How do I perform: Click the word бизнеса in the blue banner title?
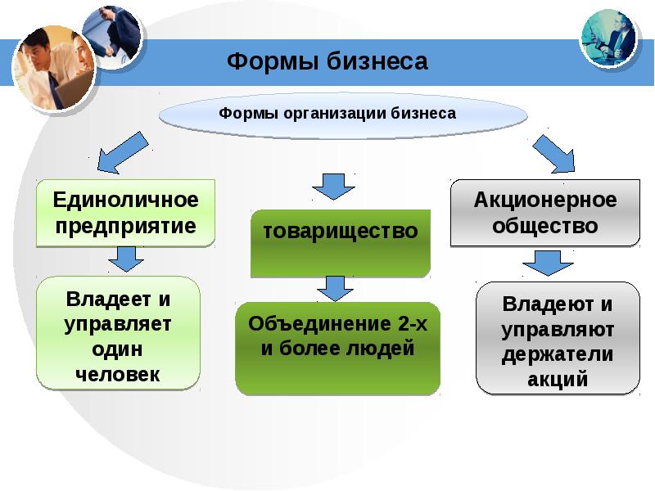(x=377, y=61)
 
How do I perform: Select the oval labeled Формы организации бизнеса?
(x=343, y=115)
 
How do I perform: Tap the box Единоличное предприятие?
(x=126, y=213)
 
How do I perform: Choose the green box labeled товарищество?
(x=341, y=243)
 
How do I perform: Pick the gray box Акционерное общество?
(x=545, y=213)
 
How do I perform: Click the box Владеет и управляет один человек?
(x=118, y=333)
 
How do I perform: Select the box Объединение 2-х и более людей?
(x=337, y=349)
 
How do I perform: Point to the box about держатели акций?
(x=558, y=338)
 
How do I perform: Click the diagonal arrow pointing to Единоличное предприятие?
(x=122, y=153)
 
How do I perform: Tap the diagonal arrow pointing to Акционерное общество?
(x=554, y=154)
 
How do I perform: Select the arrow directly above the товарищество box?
(x=334, y=187)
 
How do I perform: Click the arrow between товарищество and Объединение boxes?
(x=335, y=289)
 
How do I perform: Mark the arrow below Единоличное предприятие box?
(x=126, y=259)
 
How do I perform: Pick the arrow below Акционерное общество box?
(x=548, y=263)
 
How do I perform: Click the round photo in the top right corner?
(x=608, y=38)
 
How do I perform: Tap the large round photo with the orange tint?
(x=54, y=68)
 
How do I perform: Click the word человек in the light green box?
(x=118, y=374)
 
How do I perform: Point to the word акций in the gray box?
(x=558, y=379)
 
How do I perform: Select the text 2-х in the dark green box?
(x=413, y=323)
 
